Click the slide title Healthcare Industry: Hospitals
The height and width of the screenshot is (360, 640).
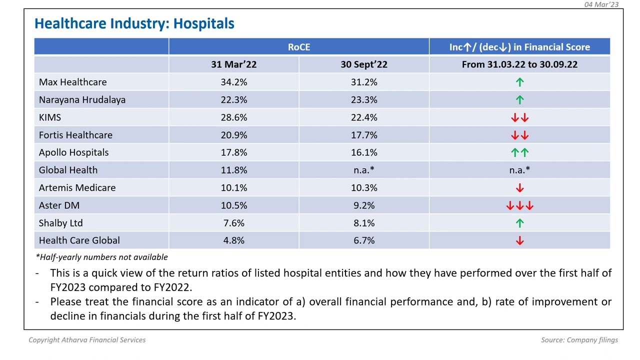click(134, 23)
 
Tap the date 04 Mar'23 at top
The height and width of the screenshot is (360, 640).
click(601, 4)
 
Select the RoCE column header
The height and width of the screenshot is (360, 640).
click(298, 47)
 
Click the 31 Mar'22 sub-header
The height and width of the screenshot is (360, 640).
click(233, 64)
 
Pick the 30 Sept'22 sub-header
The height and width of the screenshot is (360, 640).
click(363, 64)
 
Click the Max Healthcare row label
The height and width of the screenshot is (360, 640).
click(72, 82)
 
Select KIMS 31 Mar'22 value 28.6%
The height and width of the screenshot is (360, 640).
click(233, 117)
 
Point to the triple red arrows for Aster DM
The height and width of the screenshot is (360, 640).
click(519, 205)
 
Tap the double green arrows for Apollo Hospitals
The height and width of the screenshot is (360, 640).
click(519, 152)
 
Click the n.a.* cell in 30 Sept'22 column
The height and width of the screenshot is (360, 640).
click(363, 170)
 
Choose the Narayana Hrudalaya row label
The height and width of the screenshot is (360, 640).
click(82, 99)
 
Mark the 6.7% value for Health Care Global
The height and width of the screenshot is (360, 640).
click(363, 240)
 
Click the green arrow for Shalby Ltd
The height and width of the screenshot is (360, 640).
click(519, 223)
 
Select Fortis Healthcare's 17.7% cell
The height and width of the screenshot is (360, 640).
click(363, 135)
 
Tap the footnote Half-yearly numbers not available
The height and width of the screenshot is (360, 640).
click(101, 257)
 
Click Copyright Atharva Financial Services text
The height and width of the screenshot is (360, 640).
click(87, 340)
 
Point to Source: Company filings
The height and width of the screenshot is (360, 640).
click(579, 340)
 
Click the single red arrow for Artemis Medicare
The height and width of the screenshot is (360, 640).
click(519, 188)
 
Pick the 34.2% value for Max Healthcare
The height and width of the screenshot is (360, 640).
click(233, 82)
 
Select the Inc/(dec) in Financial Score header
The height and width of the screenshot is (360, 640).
click(519, 47)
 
